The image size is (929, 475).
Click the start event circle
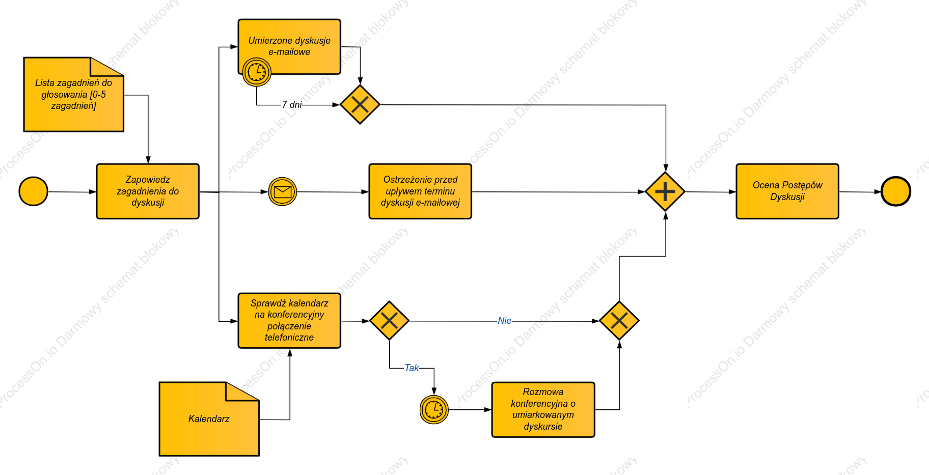(x=33, y=191)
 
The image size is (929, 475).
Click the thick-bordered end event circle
(x=895, y=191)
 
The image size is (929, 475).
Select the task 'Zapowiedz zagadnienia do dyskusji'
(x=148, y=191)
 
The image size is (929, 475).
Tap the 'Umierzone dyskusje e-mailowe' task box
(x=289, y=47)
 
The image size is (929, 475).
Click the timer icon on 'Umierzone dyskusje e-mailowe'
(x=257, y=72)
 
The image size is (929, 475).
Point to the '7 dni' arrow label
(x=292, y=104)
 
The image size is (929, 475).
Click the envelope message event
(x=283, y=191)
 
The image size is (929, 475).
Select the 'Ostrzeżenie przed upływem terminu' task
(x=420, y=191)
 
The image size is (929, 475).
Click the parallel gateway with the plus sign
(x=665, y=191)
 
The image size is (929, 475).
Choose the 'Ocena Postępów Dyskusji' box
(x=787, y=191)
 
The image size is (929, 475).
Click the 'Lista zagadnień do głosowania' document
(x=74, y=95)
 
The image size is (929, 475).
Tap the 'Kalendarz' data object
(x=209, y=419)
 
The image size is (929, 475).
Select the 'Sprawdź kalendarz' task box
(x=289, y=321)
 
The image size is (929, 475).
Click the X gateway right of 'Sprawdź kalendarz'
(x=389, y=321)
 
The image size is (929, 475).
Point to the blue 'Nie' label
(x=504, y=321)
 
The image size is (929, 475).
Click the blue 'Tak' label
(x=412, y=368)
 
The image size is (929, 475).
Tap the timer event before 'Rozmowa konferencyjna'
(x=434, y=409)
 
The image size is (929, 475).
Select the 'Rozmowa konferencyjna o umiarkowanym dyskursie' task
(x=543, y=409)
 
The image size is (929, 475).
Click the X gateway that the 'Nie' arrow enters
(x=619, y=321)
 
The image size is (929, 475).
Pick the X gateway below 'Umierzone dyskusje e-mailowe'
(x=360, y=104)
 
